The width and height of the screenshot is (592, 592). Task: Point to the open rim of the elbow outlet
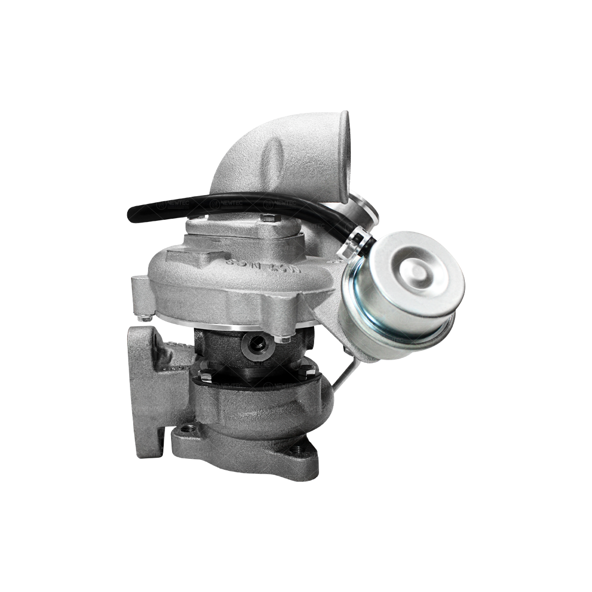point(345,156)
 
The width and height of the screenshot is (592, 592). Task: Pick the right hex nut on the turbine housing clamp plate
point(304,372)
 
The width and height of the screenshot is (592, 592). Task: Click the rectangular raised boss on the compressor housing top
point(192,256)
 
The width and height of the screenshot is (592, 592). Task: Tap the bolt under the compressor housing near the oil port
point(283,339)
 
